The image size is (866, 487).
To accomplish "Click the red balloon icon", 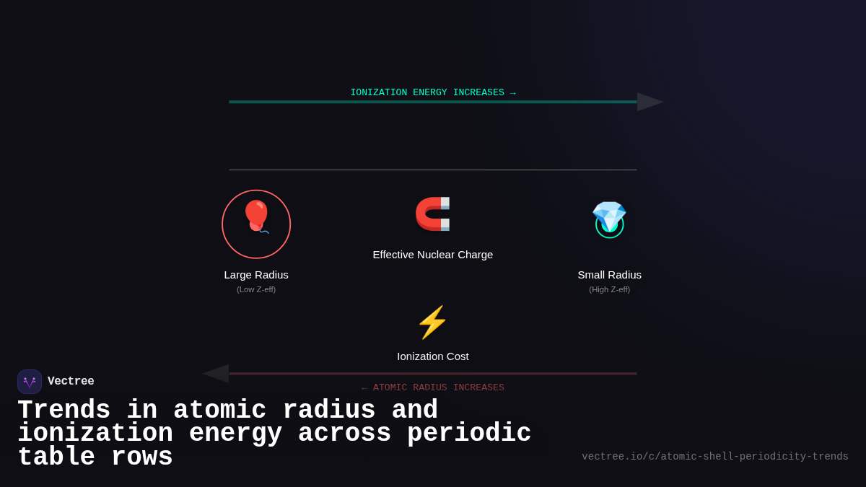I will [256, 216].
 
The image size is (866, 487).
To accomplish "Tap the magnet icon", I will [433, 214].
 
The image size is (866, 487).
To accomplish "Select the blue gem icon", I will [609, 216].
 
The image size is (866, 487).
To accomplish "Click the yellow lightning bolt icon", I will [432, 323].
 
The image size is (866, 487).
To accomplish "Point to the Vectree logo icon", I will [30, 382].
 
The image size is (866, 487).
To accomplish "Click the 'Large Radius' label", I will [256, 275].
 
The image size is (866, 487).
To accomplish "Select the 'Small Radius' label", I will [609, 275].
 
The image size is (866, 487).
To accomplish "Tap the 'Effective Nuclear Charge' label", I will [433, 255].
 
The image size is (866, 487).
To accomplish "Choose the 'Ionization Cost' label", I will [433, 356].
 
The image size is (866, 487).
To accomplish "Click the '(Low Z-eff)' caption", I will [256, 289].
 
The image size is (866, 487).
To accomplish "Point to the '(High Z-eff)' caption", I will [609, 289].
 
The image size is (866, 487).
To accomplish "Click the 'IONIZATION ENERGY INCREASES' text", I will [427, 93].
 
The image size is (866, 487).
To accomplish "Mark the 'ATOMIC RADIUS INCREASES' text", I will [439, 388].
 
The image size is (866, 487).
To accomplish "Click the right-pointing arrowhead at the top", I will [649, 102].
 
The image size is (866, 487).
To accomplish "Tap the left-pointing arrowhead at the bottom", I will [216, 374].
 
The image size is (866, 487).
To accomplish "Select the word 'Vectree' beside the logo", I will [71, 382].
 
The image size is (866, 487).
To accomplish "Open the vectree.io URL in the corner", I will [715, 457].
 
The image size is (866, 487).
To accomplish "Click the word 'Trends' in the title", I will [64, 411].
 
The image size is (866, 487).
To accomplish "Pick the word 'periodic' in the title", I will [469, 434].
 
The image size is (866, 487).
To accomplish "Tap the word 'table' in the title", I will [56, 457].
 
